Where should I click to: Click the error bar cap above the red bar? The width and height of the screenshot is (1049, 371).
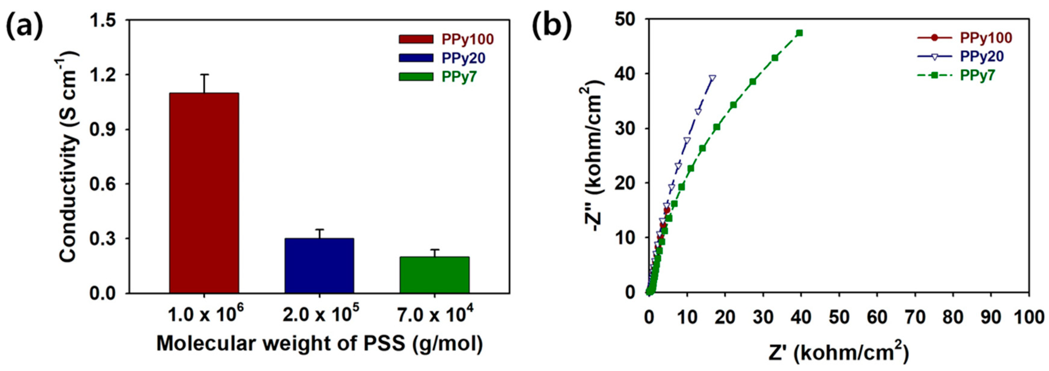pyautogui.click(x=204, y=75)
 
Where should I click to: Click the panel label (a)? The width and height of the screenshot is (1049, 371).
pyautogui.click(x=24, y=27)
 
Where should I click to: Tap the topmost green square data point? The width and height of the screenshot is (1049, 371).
pyautogui.click(x=799, y=33)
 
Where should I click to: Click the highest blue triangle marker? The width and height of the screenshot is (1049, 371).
pyautogui.click(x=712, y=78)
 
